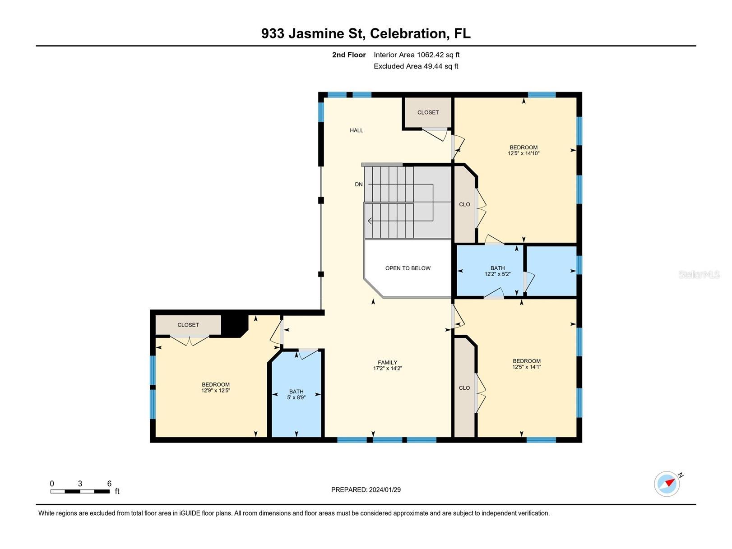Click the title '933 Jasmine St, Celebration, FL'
pos(366,33)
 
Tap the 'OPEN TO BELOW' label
pos(408,268)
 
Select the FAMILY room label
pos(387,362)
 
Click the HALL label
pos(356,130)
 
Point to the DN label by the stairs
pos(358,185)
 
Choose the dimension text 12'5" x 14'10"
pos(524,153)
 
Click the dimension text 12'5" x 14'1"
pos(526,367)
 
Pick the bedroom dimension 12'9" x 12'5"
pos(215,391)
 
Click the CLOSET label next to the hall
pos(427,112)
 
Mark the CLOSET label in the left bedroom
pos(188,325)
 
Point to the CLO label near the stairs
pos(464,204)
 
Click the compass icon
pos(667,484)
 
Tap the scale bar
pos(80,491)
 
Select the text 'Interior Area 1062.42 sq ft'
pos(416,55)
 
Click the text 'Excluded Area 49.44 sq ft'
pos(416,66)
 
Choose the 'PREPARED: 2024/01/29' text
pos(366,489)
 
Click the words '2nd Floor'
pos(348,55)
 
